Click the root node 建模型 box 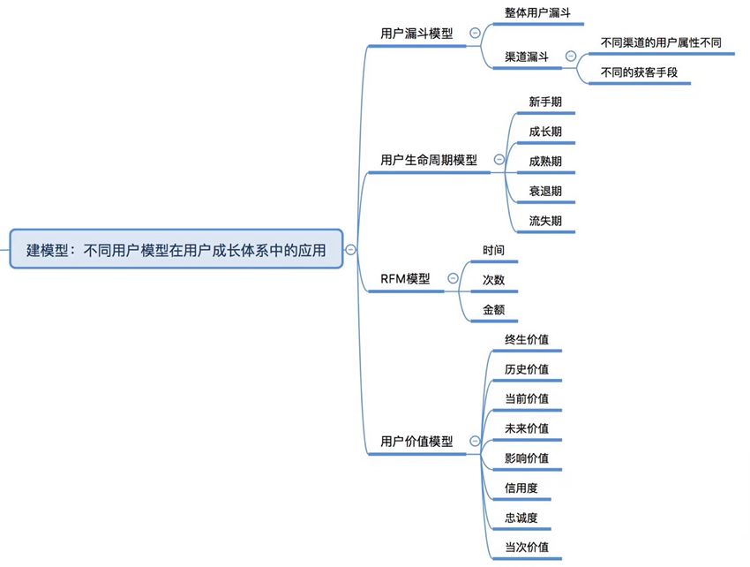coord(176,250)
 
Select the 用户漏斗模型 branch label coord(416,34)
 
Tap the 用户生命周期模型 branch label coord(428,160)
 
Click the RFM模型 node coord(405,278)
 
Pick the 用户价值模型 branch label coord(416,441)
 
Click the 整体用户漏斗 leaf coord(537,13)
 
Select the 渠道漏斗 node coord(527,56)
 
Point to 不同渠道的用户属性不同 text coord(660,42)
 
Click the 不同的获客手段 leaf coord(639,72)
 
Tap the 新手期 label coord(545,102)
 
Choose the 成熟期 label coord(545,161)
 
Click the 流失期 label coord(545,221)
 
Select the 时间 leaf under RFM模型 coord(493,250)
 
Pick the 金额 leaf coord(493,310)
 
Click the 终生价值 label coord(527,339)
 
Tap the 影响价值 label coord(527,457)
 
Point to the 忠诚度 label coord(521,517)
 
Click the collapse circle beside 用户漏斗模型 coord(476,33)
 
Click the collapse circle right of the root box coord(351,250)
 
